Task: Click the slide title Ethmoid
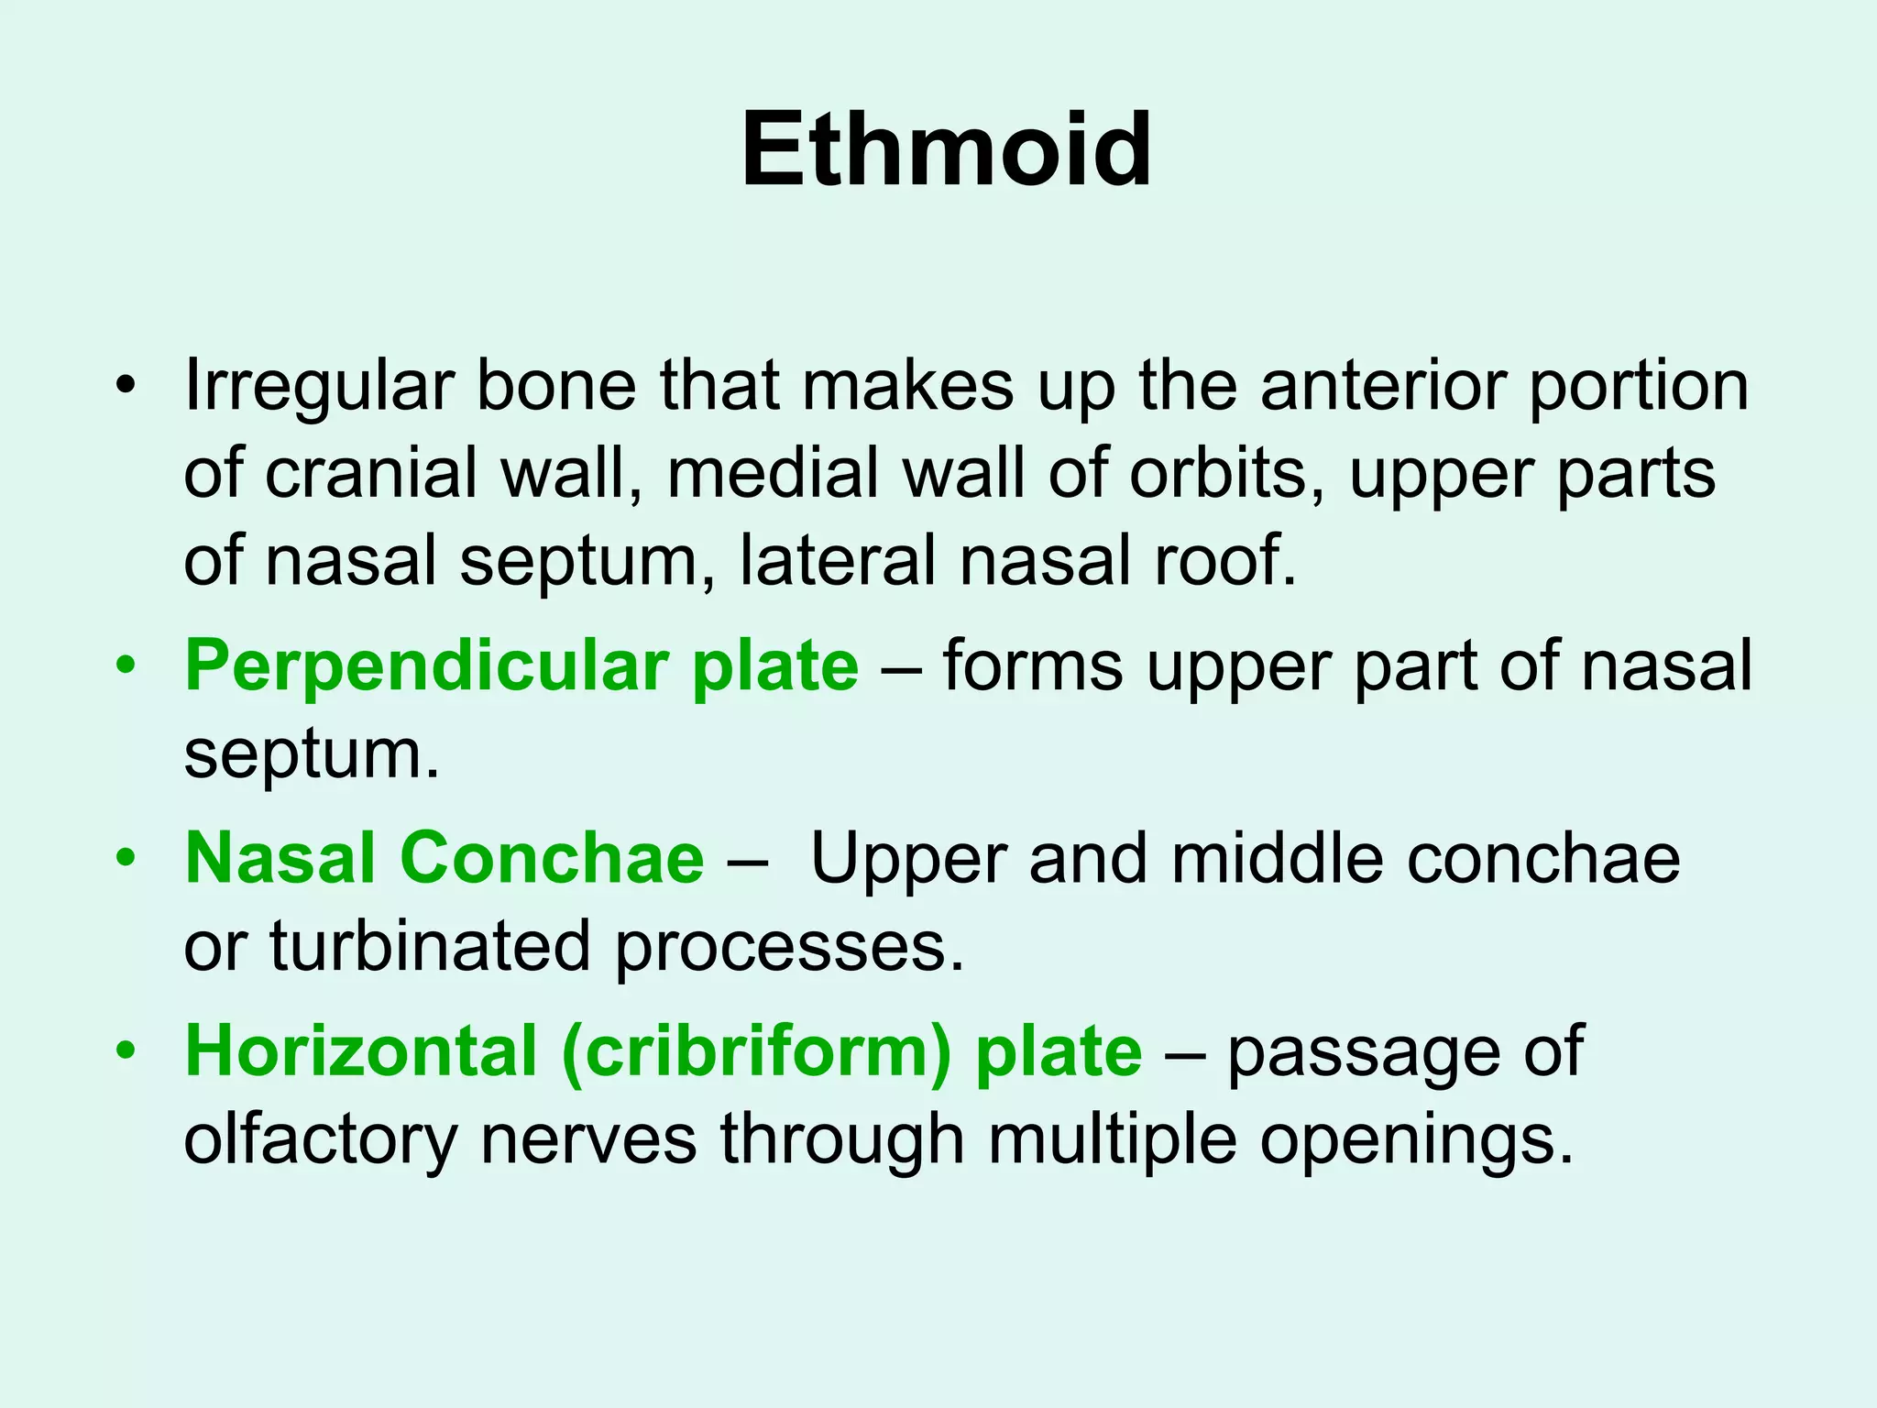tap(945, 149)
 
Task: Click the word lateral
tap(838, 560)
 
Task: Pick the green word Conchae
tap(551, 858)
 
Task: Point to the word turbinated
tap(430, 946)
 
